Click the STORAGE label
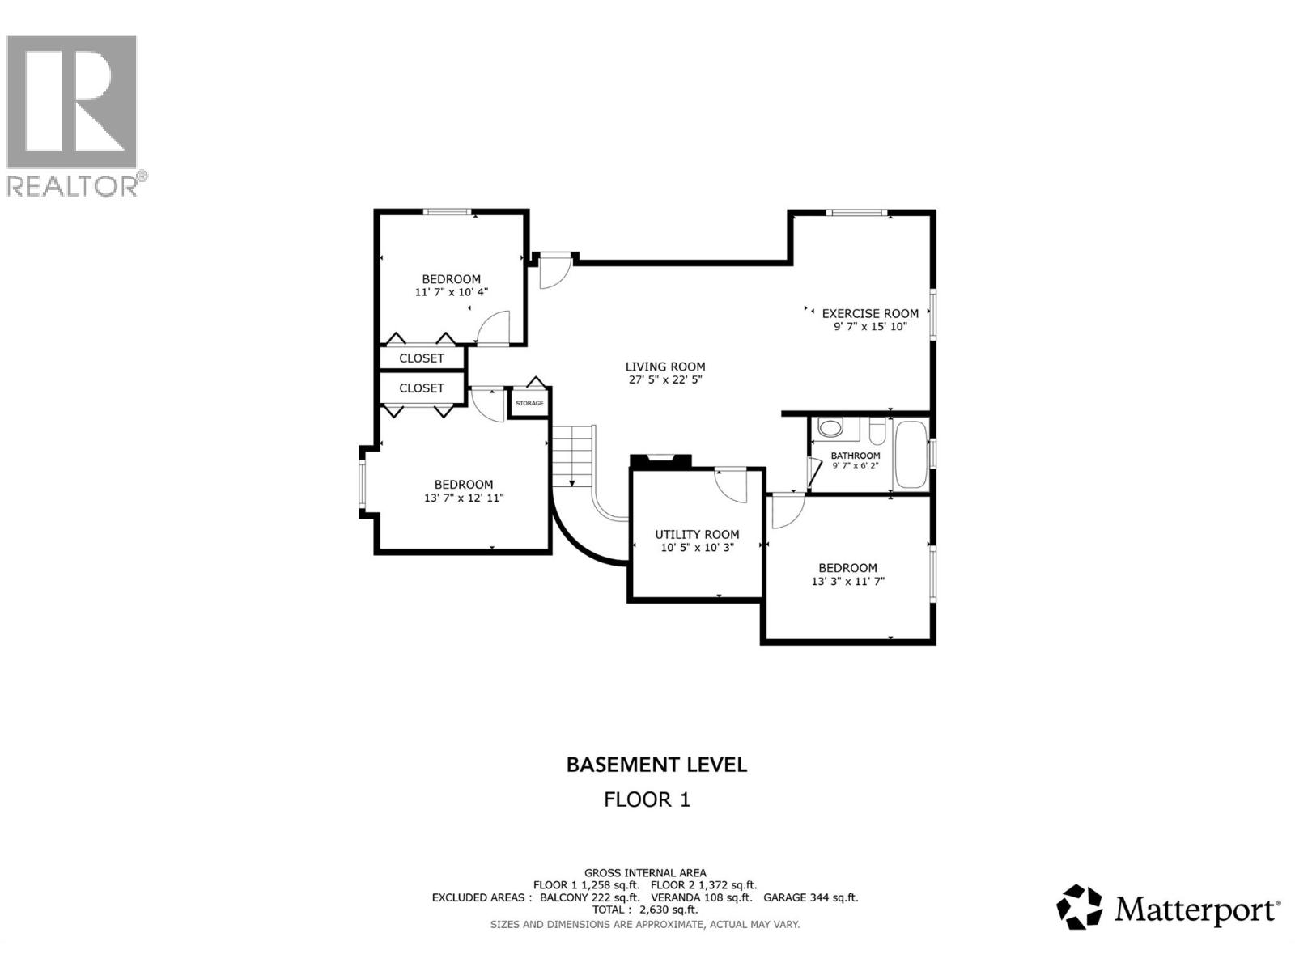[529, 403]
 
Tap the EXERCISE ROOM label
[870, 313]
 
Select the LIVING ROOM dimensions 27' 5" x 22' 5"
[665, 379]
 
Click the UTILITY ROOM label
[697, 534]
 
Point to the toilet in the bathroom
[830, 426]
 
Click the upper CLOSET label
[422, 358]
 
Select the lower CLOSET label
[422, 388]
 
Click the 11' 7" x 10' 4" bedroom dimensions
[452, 292]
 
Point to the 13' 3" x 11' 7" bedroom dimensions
[847, 581]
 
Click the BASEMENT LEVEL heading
[656, 765]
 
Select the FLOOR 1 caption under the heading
[647, 799]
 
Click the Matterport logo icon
[1080, 907]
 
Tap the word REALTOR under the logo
[73, 186]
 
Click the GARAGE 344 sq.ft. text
[810, 897]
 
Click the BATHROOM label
[855, 456]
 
